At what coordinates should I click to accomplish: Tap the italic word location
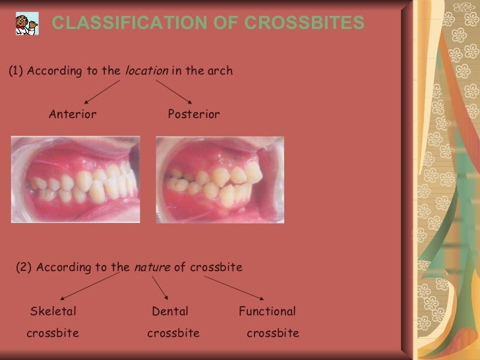tap(146, 71)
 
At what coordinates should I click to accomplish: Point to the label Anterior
tap(73, 114)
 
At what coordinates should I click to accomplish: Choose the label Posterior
tap(194, 114)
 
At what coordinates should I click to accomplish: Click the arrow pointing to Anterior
tap(102, 92)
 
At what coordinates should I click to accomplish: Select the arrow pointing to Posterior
tap(175, 92)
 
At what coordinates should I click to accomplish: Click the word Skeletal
tap(53, 311)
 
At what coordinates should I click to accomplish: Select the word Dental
tap(170, 311)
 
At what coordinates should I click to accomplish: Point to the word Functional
tap(267, 311)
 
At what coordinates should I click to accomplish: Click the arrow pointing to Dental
tap(160, 287)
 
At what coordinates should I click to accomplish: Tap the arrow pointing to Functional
tap(234, 288)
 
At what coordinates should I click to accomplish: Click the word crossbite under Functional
tap(273, 333)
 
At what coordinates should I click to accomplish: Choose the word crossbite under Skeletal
tap(53, 333)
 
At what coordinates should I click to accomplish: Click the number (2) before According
tap(24, 267)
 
